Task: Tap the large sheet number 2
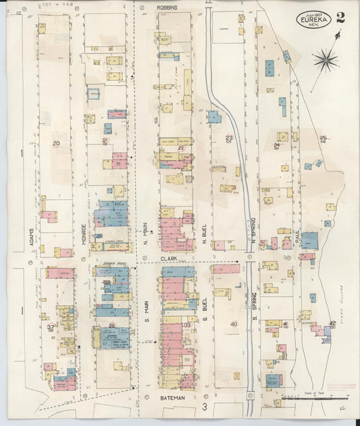pyautogui.click(x=340, y=18)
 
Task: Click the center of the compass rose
pyautogui.click(x=326, y=61)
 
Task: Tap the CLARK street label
pyautogui.click(x=168, y=258)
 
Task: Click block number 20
pyautogui.click(x=56, y=143)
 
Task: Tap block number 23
pyautogui.click(x=229, y=138)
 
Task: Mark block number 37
pyautogui.click(x=51, y=327)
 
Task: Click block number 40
pyautogui.click(x=234, y=324)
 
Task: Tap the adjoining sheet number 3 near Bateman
pyautogui.click(x=204, y=408)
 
